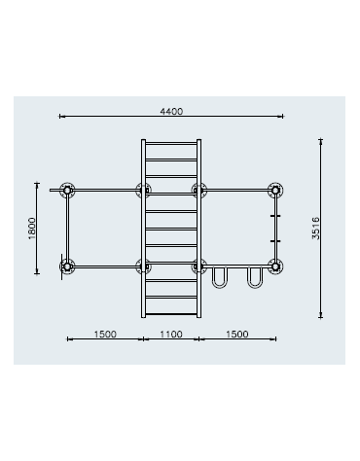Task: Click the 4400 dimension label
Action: (x=171, y=112)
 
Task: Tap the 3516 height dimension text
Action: (x=315, y=229)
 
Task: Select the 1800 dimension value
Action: (x=32, y=229)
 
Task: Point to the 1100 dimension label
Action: (x=171, y=334)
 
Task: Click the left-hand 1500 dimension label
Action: (x=105, y=334)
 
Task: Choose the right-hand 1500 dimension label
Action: (x=237, y=334)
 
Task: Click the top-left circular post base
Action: (x=67, y=191)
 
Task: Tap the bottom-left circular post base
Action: (x=67, y=266)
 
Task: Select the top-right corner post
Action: (x=275, y=190)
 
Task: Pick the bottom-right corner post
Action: (x=275, y=266)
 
